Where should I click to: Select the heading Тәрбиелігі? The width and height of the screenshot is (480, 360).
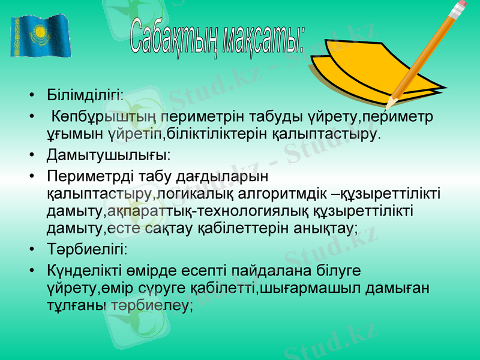coord(87,249)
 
